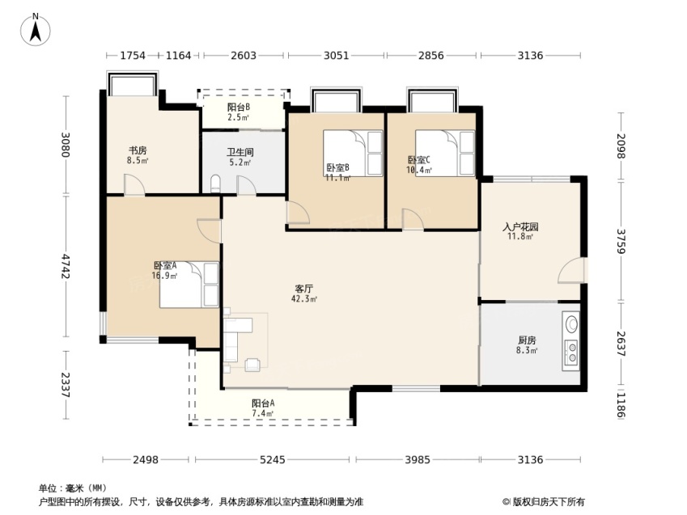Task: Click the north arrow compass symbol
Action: coord(36,30)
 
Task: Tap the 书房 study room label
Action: coord(138,151)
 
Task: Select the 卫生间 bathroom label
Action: coord(240,152)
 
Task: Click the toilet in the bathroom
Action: coord(215,184)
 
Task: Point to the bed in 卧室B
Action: coord(353,153)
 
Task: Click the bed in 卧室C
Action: coord(445,153)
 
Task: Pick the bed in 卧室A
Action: coord(189,285)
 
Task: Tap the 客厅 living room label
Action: coord(303,289)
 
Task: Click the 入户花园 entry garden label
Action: coord(520,227)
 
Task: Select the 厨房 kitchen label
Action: coord(527,340)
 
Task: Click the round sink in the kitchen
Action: coord(571,324)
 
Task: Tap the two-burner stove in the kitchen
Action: coord(571,352)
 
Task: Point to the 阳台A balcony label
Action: coord(263,403)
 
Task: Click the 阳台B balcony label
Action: coord(239,107)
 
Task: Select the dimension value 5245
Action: coord(273,460)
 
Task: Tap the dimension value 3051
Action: coord(336,56)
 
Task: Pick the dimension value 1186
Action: coord(621,404)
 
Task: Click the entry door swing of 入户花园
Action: coord(571,271)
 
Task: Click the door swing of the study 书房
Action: coord(134,185)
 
